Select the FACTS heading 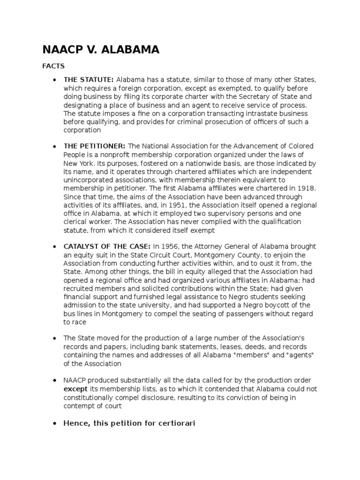(53, 66)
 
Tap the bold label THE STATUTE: (89, 79)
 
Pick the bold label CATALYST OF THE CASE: (107, 247)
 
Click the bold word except (74, 389)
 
